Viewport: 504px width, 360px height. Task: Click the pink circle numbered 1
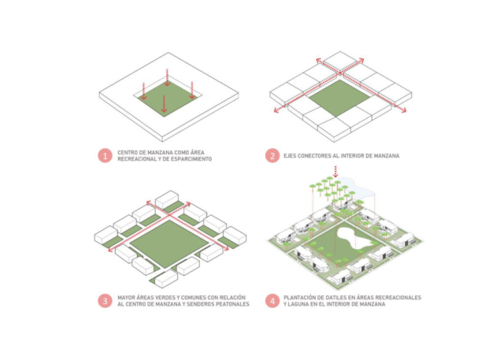[x=105, y=156]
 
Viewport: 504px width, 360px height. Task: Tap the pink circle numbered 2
[x=272, y=156]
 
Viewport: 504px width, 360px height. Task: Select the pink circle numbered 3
[x=105, y=301]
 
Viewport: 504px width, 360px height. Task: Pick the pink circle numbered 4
[x=272, y=301]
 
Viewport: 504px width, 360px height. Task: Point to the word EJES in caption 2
[x=290, y=156]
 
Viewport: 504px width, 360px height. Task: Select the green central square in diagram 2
[x=339, y=98]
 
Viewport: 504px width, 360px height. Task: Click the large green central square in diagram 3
[x=169, y=244]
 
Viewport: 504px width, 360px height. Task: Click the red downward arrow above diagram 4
[x=335, y=172]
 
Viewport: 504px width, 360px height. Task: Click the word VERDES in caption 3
[x=165, y=298]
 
